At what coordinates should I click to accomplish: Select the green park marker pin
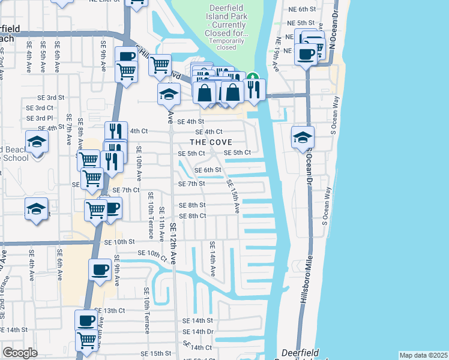tap(253, 78)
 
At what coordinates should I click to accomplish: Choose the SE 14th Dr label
tap(198, 331)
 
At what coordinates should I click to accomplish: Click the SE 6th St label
tap(208, 170)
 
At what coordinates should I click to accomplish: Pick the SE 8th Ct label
tap(192, 215)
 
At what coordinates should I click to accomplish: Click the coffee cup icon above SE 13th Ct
tap(100, 269)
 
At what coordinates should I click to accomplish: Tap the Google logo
tap(20, 353)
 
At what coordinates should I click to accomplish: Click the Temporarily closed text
tap(226, 44)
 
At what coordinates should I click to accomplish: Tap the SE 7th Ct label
tap(126, 190)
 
